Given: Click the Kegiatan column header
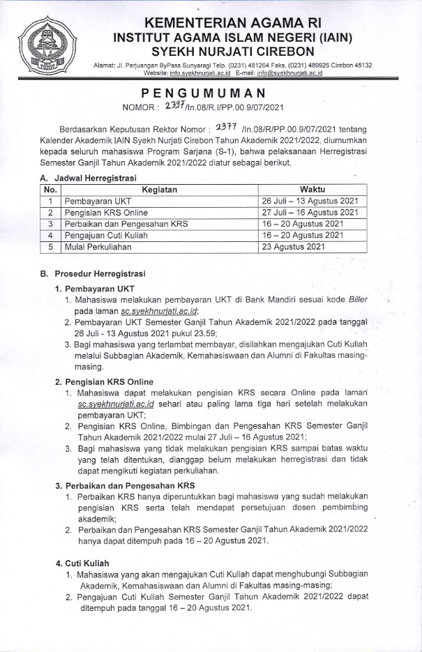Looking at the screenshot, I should (x=159, y=189).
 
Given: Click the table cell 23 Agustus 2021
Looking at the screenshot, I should (x=303, y=246).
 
